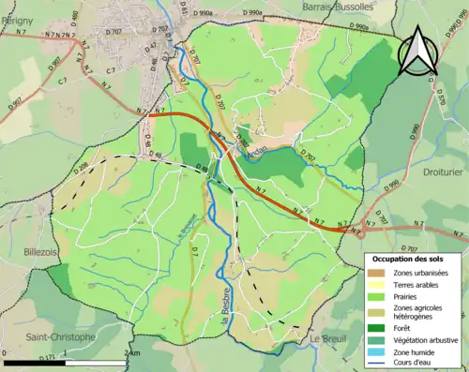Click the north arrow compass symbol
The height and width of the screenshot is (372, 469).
tap(417, 52)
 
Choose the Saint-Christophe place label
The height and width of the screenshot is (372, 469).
tap(60, 336)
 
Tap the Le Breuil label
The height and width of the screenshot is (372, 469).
tap(328, 337)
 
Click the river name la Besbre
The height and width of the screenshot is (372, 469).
tap(226, 333)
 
